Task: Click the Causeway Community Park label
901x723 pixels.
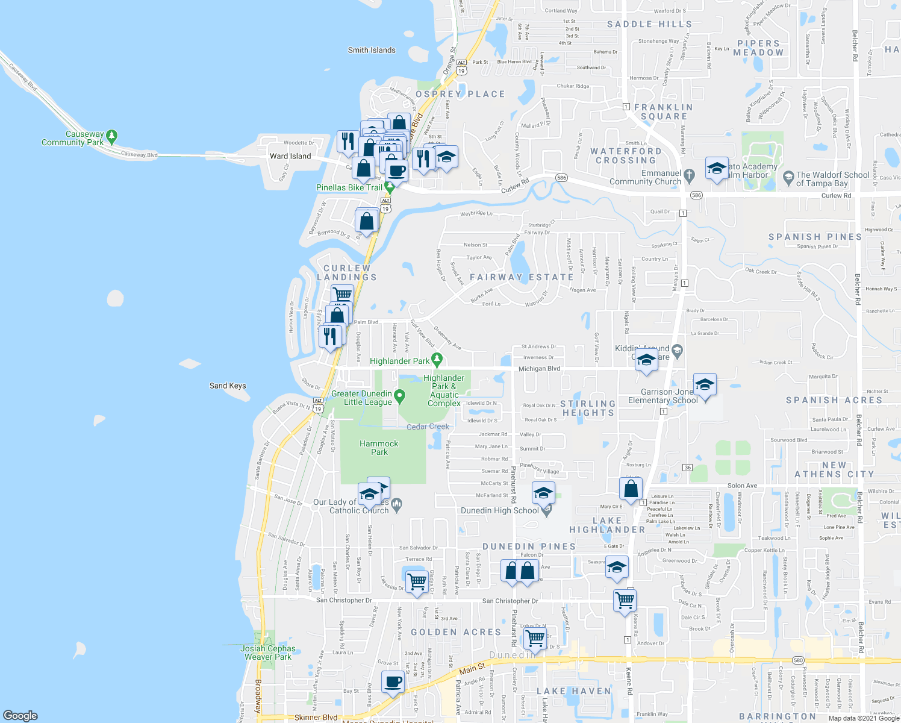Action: [73, 139]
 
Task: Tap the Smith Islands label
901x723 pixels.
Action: [372, 50]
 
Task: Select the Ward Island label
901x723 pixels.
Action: [290, 156]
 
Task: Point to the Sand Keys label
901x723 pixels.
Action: [228, 386]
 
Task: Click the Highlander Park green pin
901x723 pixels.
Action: [437, 360]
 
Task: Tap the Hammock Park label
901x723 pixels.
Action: [379, 448]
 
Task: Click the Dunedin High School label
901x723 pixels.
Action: [499, 510]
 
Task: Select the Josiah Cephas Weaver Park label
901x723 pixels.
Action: [268, 653]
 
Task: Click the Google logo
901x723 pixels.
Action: [20, 715]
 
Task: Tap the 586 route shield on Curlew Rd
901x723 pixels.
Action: [561, 178]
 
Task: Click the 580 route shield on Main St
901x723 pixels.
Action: [798, 660]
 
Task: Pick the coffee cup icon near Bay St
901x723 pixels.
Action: [393, 683]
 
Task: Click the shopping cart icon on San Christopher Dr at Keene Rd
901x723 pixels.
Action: [625, 600]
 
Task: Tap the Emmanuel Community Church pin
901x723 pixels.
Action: [690, 175]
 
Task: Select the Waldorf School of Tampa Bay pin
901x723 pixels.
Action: [788, 178]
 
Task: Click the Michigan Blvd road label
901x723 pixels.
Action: [539, 369]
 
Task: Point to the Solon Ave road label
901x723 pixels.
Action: [742, 486]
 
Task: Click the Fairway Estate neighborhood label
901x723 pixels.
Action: [522, 277]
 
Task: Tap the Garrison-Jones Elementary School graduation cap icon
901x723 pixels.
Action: [704, 384]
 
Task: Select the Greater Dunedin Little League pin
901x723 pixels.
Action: [399, 396]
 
